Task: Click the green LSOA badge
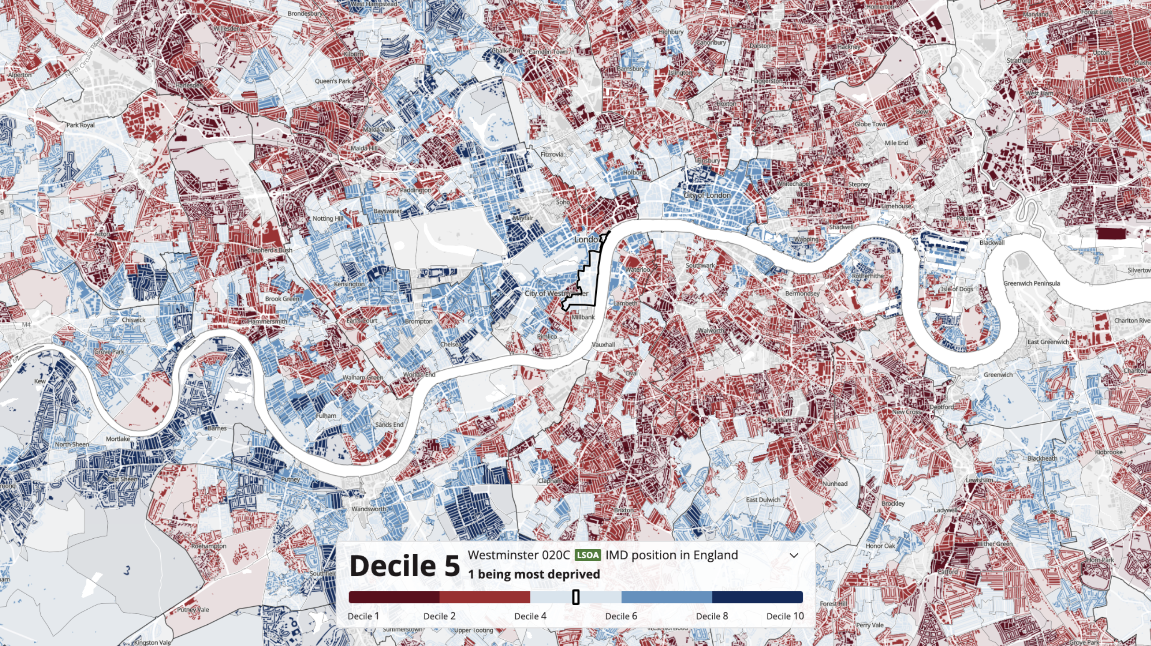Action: pos(588,555)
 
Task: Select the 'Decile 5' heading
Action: pos(404,565)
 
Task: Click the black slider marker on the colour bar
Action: pos(576,597)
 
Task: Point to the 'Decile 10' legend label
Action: pos(785,616)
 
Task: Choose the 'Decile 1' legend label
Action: pos(363,616)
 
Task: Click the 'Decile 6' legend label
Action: pos(621,616)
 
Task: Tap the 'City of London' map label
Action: pos(707,195)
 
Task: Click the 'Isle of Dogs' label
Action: pos(957,289)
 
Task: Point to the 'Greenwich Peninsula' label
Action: pos(1031,283)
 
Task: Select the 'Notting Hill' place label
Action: pos(328,218)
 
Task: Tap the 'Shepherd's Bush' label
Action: pos(270,250)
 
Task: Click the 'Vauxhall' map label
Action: pos(603,344)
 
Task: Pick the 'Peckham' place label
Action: pos(780,420)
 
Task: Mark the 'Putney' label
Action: pos(290,479)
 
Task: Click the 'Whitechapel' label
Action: pos(793,184)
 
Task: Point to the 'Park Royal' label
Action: pos(81,125)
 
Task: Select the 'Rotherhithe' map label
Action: pos(868,276)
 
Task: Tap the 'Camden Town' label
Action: pos(548,52)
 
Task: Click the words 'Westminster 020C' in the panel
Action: pos(519,555)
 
